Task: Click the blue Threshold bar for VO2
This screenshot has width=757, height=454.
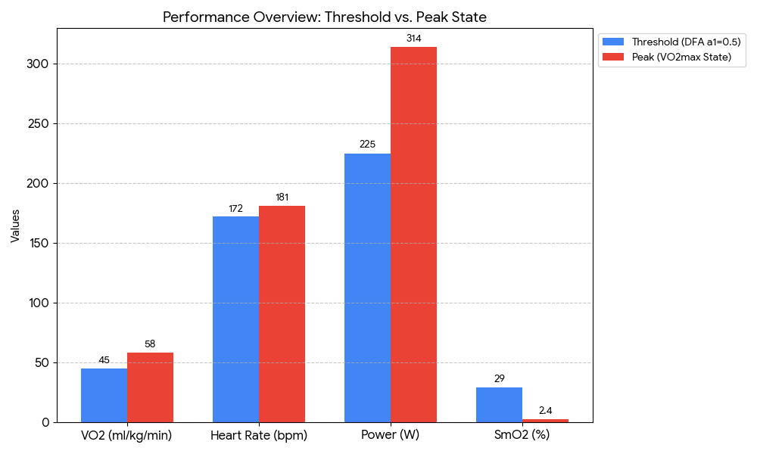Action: click(x=104, y=395)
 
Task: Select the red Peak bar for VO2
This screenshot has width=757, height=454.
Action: click(x=150, y=387)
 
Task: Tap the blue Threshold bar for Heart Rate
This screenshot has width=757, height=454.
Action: click(x=235, y=319)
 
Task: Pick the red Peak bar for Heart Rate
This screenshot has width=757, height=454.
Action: click(x=282, y=314)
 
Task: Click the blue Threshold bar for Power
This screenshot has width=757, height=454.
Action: click(x=367, y=288)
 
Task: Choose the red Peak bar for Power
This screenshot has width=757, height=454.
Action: click(x=413, y=235)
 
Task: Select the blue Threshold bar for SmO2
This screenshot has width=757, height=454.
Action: click(x=499, y=405)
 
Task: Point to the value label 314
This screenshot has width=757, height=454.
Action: click(x=413, y=39)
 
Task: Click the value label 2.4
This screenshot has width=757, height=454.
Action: click(x=545, y=410)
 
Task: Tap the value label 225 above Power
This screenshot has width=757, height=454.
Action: click(x=367, y=145)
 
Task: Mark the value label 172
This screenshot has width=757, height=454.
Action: click(x=235, y=208)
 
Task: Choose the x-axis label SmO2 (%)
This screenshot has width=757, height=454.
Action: click(x=522, y=435)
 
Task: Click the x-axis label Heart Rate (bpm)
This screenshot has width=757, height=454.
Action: click(x=258, y=435)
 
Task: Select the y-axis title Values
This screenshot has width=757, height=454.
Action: click(x=15, y=226)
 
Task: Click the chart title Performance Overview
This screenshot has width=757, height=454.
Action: click(x=325, y=17)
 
